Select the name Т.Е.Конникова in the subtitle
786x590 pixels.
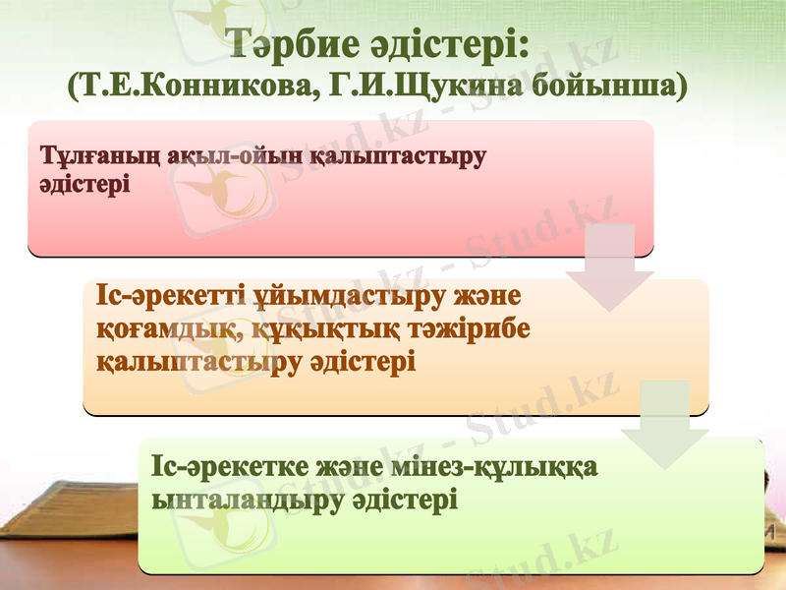188,87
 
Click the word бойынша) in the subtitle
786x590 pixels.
610,87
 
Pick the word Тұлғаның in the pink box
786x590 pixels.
86,157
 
